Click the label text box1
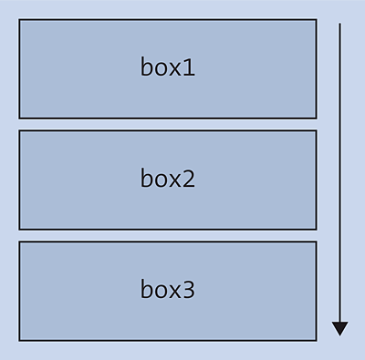pos(168,67)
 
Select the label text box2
pos(168,179)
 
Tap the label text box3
pos(168,290)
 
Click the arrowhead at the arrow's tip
pos(339,328)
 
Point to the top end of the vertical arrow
pos(339,25)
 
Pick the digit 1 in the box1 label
pos(189,67)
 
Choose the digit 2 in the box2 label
pos(188,179)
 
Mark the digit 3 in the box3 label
pos(188,290)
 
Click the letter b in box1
pos(147,67)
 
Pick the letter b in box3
pos(147,289)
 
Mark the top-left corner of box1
pos(19,20)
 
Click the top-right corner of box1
pos(316,20)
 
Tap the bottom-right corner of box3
pos(316,340)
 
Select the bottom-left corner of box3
pos(19,340)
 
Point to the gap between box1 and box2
pos(168,124)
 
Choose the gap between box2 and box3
pos(168,235)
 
